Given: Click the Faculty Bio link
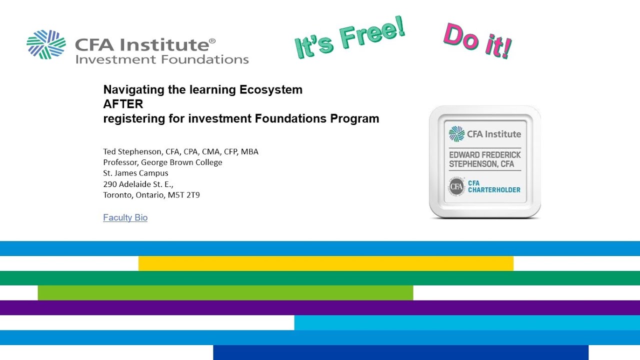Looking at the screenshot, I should [x=125, y=217].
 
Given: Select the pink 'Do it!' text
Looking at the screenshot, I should [x=477, y=40].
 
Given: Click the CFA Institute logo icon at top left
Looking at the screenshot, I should [x=46, y=44].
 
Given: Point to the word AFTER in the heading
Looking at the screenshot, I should [x=123, y=104].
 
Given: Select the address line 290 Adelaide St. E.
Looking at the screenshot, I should [x=138, y=184].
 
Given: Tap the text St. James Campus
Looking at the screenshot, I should [x=135, y=173].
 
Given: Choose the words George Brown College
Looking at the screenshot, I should [x=181, y=162].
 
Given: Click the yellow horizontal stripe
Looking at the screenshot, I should [x=325, y=263].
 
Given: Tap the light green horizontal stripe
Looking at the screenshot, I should [x=225, y=292].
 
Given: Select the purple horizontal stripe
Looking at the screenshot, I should [x=320, y=307].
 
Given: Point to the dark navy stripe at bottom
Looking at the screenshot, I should [x=400, y=352].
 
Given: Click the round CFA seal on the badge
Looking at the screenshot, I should [x=456, y=187].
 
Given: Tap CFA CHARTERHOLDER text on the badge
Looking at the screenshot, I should [x=494, y=186].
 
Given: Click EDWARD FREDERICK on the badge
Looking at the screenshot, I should [x=484, y=155].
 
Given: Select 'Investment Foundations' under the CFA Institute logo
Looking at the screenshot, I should [x=161, y=59].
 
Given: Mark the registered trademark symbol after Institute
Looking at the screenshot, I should [x=212, y=40].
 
